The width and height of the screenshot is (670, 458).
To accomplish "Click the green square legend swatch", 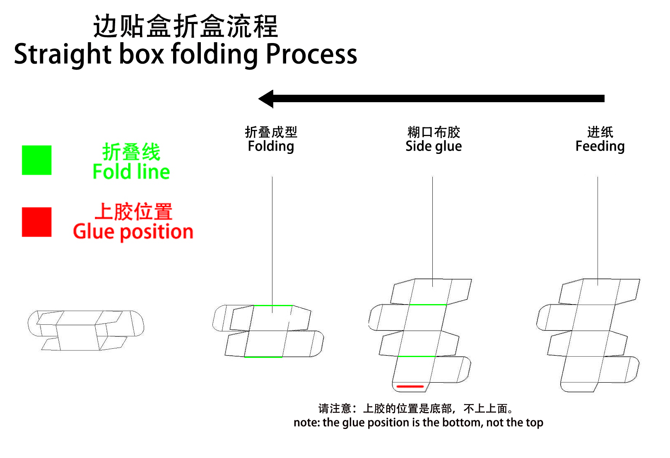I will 36,160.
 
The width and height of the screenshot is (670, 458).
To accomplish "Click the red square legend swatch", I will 36,222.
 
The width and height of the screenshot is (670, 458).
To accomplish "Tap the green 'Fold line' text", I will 131,172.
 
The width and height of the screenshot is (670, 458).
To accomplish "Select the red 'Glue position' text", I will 133,232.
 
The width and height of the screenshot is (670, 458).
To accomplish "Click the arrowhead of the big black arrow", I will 266,98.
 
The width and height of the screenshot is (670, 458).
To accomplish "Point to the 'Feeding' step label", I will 600,146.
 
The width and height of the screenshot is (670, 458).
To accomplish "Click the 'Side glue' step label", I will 434,146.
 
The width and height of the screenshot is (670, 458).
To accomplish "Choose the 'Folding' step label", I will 271,146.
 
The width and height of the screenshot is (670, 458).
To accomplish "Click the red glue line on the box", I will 410,386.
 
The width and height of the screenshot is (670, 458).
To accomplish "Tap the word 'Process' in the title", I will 311,54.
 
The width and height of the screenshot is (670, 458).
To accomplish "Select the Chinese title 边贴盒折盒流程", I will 185,26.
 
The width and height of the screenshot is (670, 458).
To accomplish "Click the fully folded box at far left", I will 86,330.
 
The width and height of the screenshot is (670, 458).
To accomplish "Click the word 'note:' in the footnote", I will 306,422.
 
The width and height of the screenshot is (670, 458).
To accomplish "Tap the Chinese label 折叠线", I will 131,152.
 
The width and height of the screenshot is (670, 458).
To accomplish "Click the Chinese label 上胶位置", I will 133,211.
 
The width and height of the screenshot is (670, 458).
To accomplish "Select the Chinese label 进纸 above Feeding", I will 600,132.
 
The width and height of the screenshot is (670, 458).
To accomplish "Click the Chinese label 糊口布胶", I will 434,132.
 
